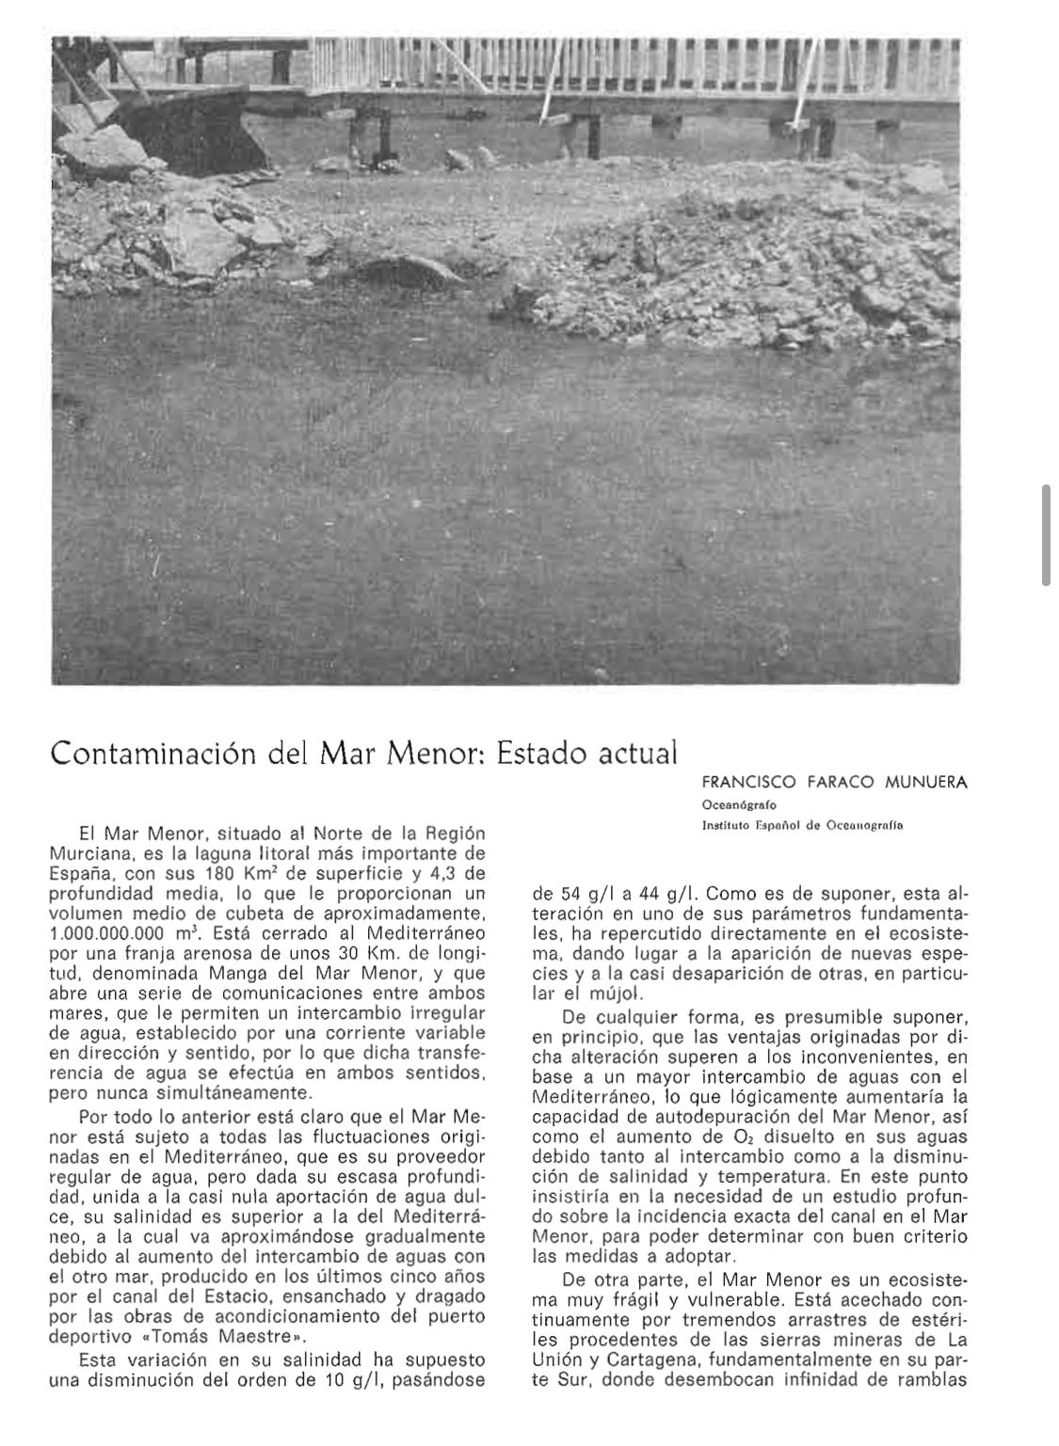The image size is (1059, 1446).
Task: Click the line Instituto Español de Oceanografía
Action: click(x=802, y=826)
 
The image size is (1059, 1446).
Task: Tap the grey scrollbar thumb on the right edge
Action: click(x=1046, y=535)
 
